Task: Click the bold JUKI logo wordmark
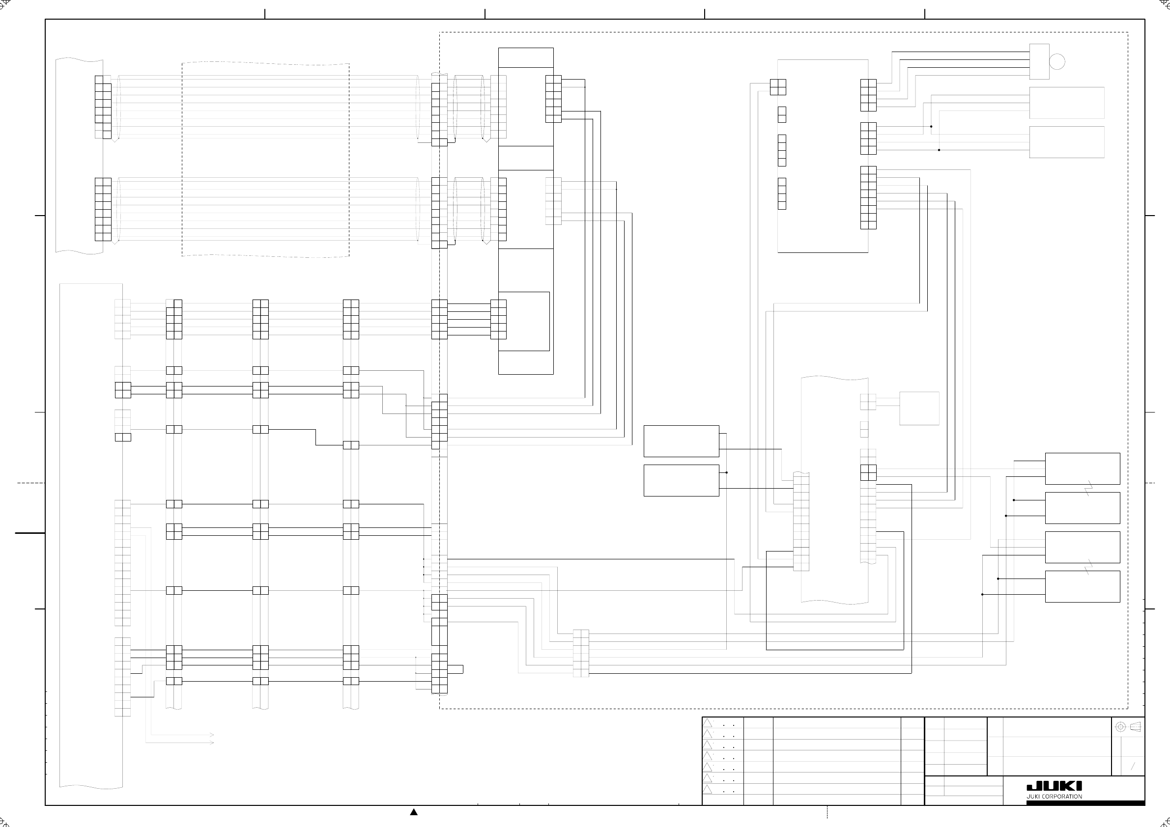(x=1054, y=786)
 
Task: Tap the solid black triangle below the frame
(x=414, y=812)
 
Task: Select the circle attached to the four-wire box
(x=1057, y=61)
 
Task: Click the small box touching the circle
(x=1039, y=61)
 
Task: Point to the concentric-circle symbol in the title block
(x=1120, y=727)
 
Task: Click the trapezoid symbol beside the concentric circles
(x=1135, y=727)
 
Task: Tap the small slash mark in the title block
(x=1133, y=766)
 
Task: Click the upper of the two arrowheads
(x=211, y=735)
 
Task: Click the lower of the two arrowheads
(x=211, y=743)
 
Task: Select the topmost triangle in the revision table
(x=707, y=723)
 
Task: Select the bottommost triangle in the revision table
(x=707, y=790)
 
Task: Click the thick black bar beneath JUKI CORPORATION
(x=1085, y=803)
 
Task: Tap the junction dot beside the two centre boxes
(x=726, y=472)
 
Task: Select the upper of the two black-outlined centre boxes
(x=681, y=441)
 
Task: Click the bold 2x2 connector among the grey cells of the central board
(x=868, y=472)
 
